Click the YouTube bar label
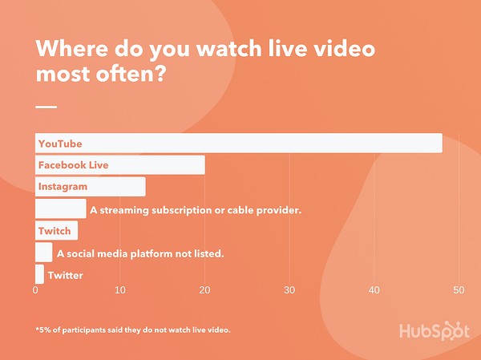(60, 144)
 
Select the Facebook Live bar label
(73, 165)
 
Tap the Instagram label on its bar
(63, 187)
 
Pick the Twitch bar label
(55, 231)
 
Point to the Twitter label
(66, 275)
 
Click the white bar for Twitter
(39, 274)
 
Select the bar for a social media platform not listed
(44, 253)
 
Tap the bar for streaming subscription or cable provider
(61, 208)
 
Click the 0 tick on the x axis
(35, 290)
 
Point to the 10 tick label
(120, 290)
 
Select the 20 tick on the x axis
(204, 290)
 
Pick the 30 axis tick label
(289, 290)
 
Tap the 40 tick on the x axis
(374, 290)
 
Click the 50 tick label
(459, 290)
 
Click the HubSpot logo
(434, 331)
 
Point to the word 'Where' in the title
(72, 48)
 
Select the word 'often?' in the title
(131, 74)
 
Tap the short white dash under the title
(46, 107)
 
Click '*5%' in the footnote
(43, 330)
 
